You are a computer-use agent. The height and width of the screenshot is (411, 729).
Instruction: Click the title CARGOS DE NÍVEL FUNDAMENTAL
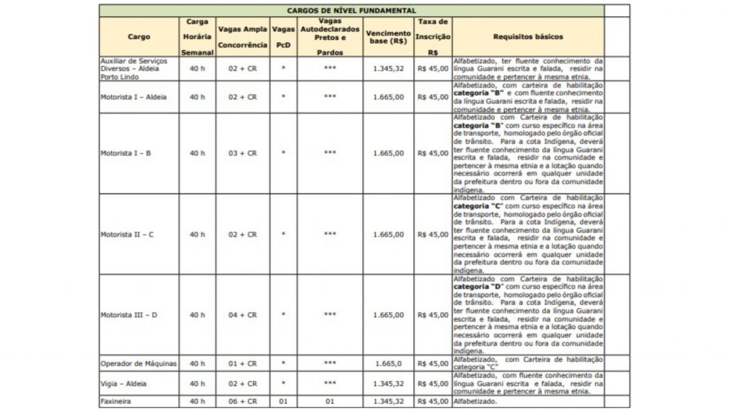(352, 11)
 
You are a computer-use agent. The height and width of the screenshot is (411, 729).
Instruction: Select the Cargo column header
(139, 36)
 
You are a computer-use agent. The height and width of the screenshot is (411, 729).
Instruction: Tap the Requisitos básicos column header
(528, 36)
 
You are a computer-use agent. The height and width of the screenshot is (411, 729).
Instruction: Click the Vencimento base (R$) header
(388, 36)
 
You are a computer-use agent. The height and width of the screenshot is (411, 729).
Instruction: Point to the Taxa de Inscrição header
(433, 37)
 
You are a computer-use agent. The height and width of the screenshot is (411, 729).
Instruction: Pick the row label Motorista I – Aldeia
(134, 97)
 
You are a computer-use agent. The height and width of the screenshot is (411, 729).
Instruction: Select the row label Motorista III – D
(129, 315)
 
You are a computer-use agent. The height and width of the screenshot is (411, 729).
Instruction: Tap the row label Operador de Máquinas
(138, 363)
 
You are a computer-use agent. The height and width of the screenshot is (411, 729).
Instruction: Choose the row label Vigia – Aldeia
(125, 383)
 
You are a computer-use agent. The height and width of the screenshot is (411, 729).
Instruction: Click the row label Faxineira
(117, 402)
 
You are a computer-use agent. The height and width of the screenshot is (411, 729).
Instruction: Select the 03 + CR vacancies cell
(242, 153)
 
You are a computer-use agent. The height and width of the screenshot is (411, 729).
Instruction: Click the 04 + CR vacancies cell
(242, 315)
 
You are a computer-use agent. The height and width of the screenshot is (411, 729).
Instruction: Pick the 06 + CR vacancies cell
(242, 402)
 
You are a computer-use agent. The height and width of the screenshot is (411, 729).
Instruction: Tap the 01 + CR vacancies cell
(242, 363)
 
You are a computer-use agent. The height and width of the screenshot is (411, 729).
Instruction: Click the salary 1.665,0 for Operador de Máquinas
(388, 363)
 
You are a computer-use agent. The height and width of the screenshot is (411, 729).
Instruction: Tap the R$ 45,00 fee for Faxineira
(433, 402)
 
